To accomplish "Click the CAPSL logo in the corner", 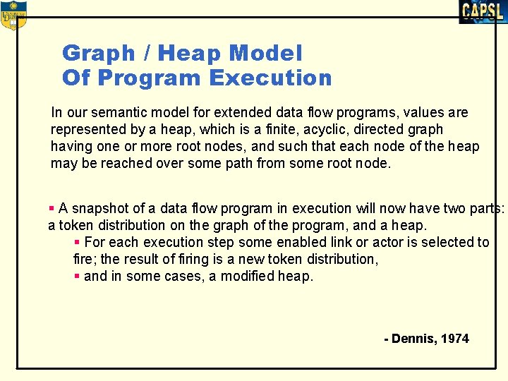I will coord(482,11).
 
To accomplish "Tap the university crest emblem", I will coord(13,15).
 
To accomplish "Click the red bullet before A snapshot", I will coord(52,208).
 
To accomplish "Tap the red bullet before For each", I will coord(77,242).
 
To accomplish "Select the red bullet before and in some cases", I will coord(77,276).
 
